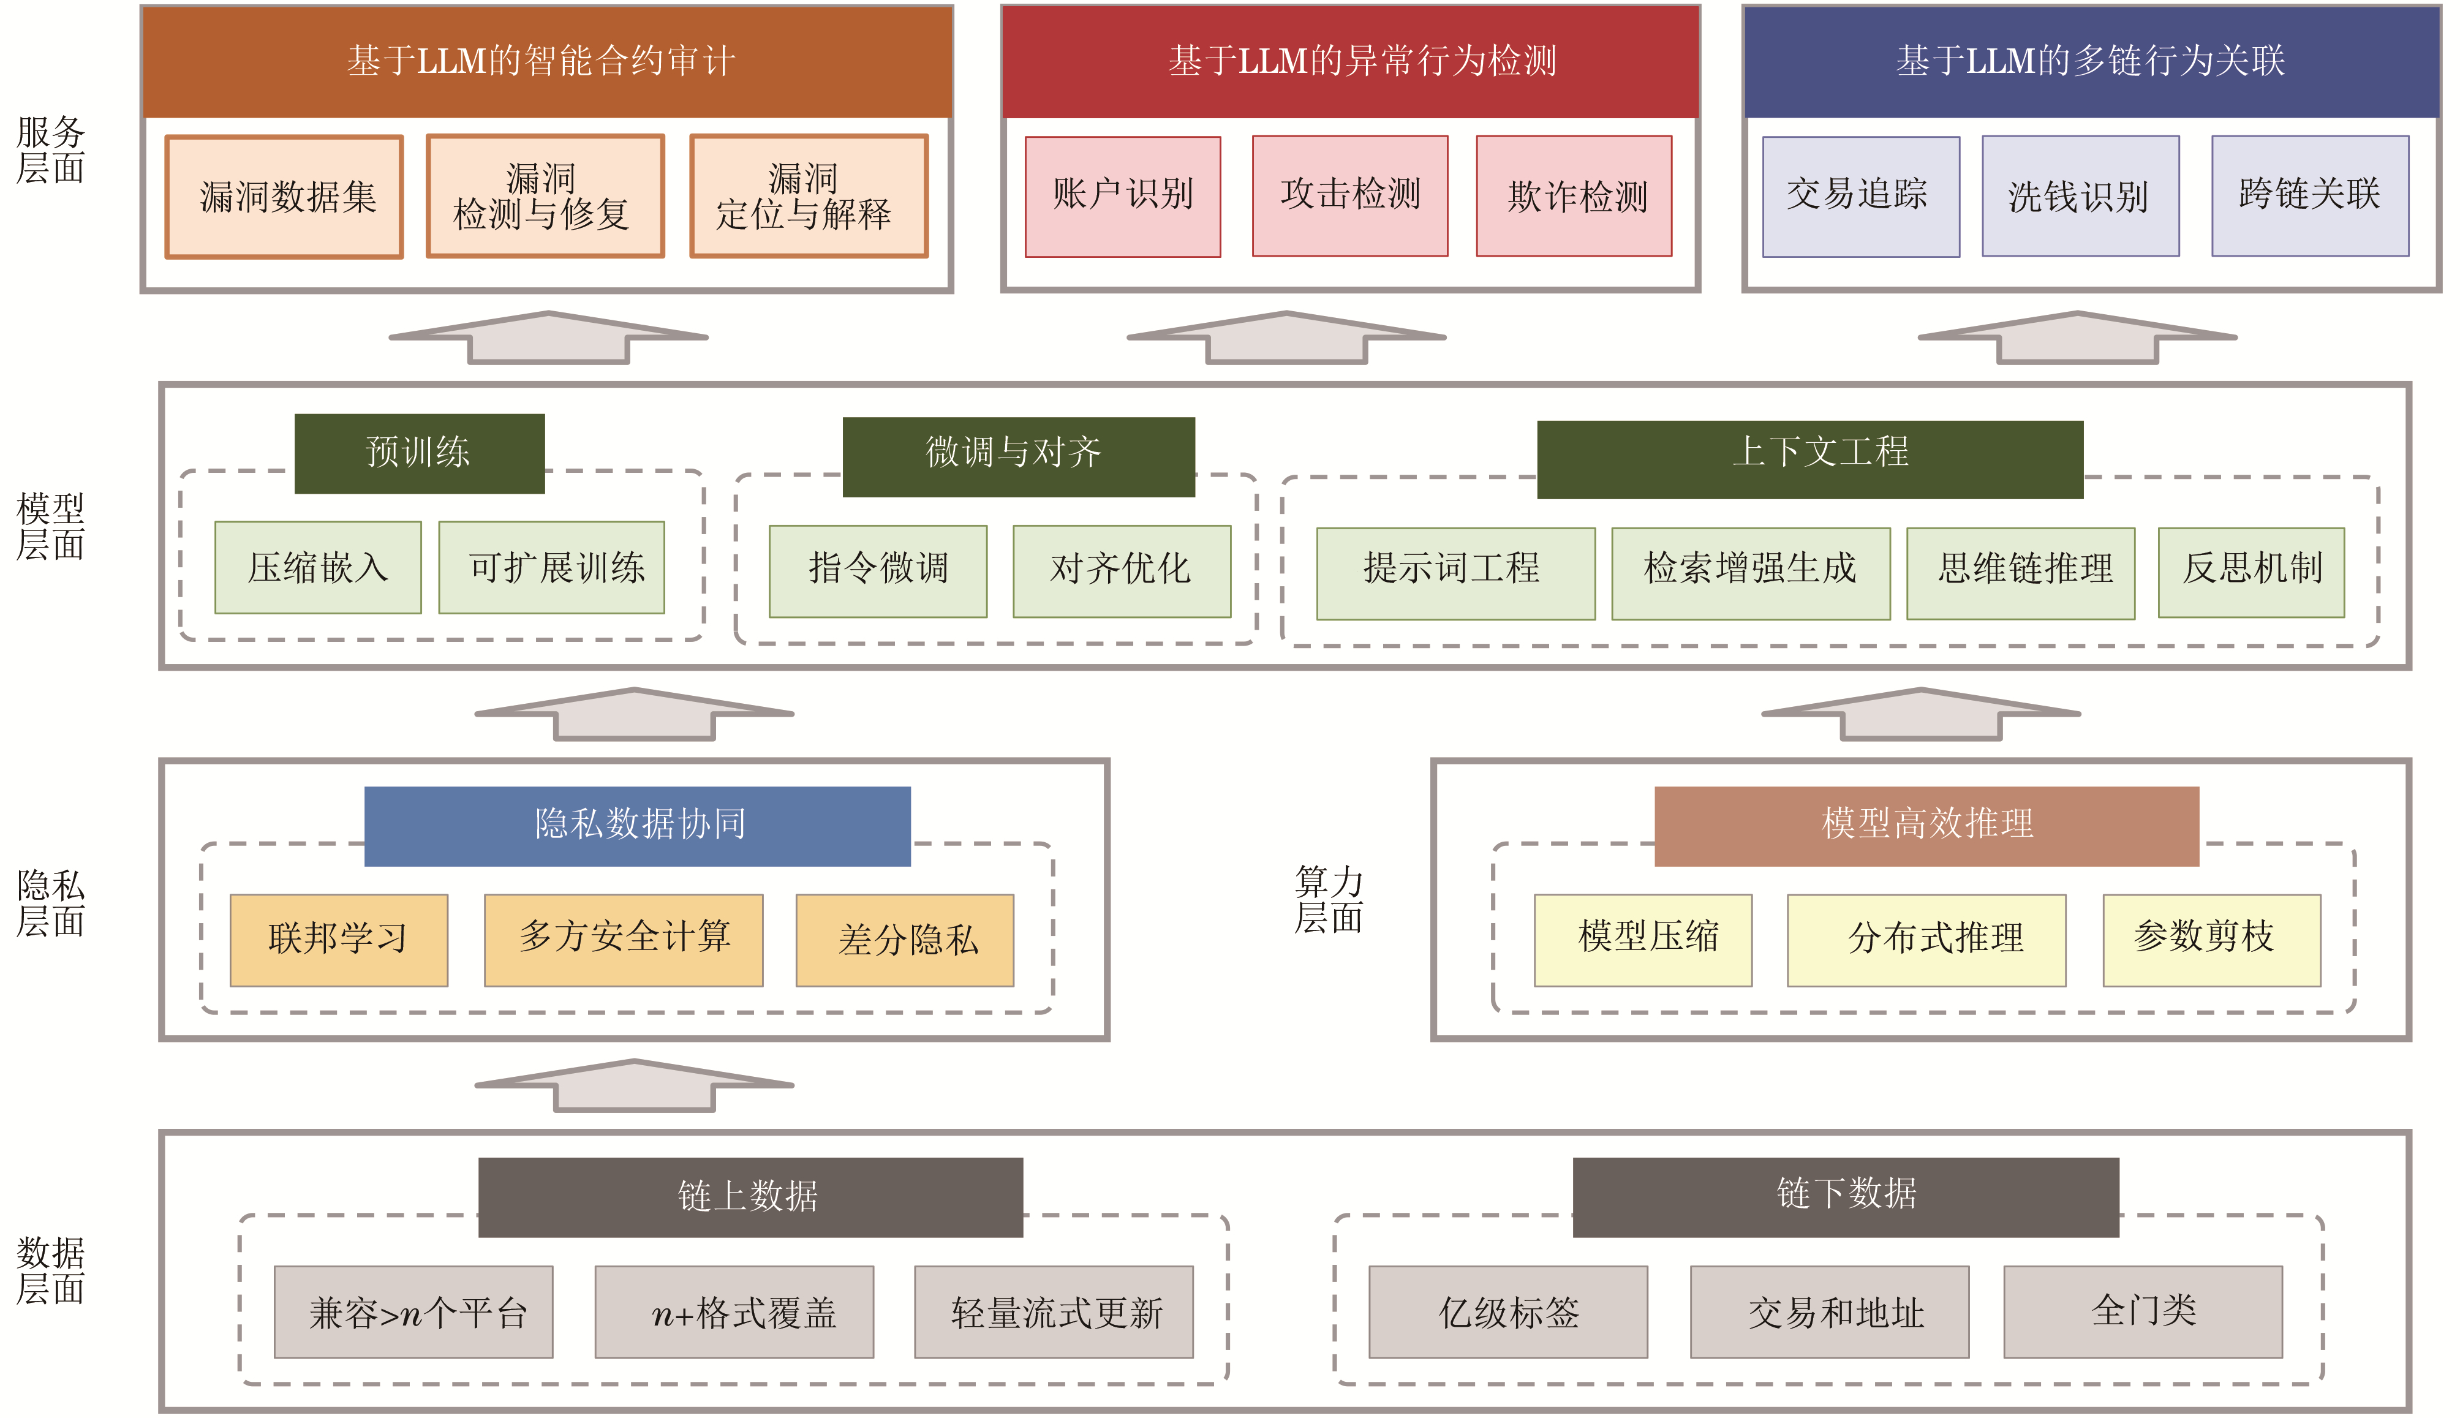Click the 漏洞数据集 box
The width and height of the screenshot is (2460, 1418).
pos(284,197)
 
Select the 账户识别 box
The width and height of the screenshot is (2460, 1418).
pos(1122,196)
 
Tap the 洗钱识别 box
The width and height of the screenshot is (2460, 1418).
pos(2080,196)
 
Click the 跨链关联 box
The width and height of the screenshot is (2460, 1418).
pos(2309,196)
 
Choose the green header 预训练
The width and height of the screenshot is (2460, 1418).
pos(419,453)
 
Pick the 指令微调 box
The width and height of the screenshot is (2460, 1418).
pos(877,571)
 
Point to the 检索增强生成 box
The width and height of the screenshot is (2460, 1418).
pos(1750,573)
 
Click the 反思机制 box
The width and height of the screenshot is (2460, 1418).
pos(2251,573)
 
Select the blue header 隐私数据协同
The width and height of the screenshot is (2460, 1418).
pos(637,826)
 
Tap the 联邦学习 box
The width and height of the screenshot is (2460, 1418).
pos(338,940)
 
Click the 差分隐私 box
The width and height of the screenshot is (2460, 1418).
pos(905,940)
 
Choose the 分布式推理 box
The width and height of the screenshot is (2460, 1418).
pos(1925,940)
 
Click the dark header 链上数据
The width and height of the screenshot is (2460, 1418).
pos(750,1197)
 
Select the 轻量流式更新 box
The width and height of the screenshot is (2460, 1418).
pos(1053,1312)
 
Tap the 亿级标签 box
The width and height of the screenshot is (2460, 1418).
pos(1507,1312)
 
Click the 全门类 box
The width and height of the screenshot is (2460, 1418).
pos(2143,1312)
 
